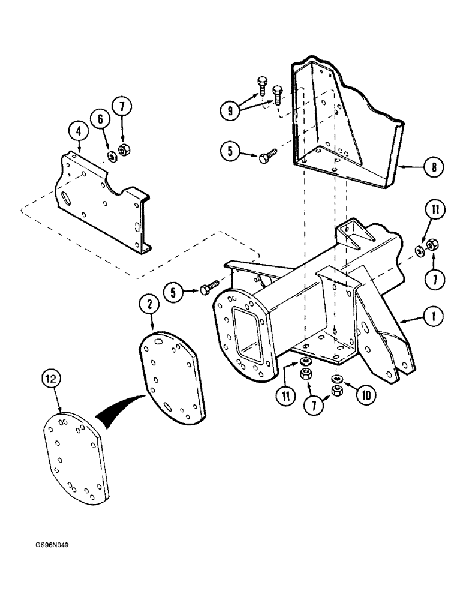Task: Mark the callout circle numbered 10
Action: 362,397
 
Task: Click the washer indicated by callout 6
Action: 112,157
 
